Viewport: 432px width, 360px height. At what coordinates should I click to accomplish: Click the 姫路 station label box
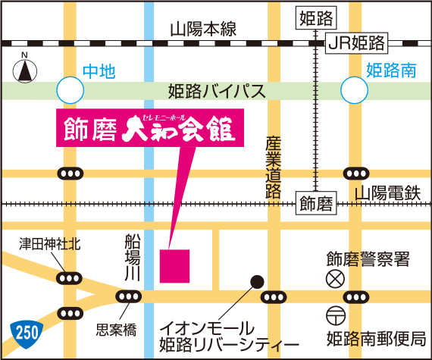click(x=315, y=16)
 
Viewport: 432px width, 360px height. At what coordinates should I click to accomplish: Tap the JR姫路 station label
click(x=357, y=42)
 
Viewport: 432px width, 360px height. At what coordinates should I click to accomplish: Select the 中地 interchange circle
click(x=71, y=92)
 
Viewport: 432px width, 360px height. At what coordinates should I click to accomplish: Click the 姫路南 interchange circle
click(x=355, y=92)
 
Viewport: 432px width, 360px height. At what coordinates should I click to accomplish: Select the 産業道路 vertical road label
click(x=274, y=167)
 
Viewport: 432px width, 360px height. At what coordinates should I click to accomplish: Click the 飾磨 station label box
click(x=315, y=204)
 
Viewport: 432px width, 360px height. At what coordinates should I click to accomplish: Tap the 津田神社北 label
click(x=49, y=245)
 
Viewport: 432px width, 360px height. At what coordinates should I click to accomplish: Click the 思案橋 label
click(x=116, y=330)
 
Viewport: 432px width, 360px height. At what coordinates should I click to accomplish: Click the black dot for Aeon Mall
click(x=257, y=280)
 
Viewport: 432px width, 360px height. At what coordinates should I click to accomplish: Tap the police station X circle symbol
click(x=333, y=279)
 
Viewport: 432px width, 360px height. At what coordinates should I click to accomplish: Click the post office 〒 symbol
click(x=333, y=315)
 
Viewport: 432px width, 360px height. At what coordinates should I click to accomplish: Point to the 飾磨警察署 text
click(x=368, y=260)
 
